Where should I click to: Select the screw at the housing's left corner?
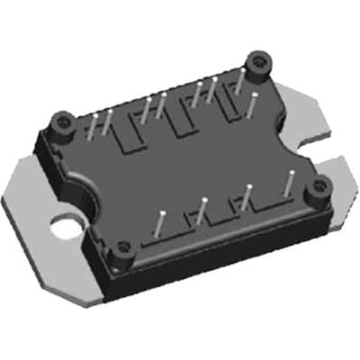pos(64,120)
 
